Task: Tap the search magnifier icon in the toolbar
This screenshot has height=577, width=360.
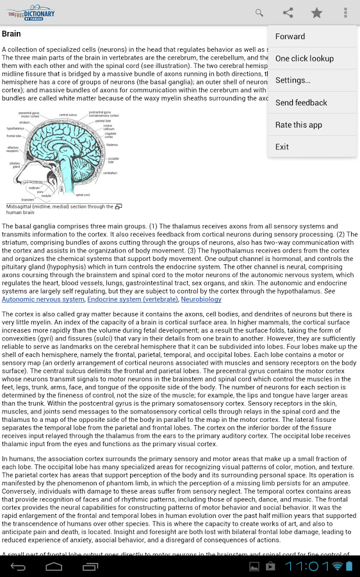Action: [259, 13]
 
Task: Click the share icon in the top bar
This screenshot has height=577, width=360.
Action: [288, 13]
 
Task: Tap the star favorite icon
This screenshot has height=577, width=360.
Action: [316, 13]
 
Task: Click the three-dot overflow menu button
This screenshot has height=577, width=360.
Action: [345, 13]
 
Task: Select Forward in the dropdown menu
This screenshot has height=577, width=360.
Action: [290, 37]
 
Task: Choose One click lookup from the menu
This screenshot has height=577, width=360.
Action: [304, 58]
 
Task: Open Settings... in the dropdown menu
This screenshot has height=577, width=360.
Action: [293, 80]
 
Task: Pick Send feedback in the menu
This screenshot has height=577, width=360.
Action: [301, 103]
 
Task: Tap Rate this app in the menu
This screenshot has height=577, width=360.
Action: [299, 124]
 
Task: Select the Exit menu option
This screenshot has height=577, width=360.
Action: [282, 147]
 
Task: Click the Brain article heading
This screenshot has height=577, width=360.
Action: [12, 34]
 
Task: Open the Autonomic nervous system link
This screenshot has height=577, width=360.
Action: [43, 299]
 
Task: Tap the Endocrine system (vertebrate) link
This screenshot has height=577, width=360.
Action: [133, 299]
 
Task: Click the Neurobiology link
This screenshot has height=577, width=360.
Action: [201, 299]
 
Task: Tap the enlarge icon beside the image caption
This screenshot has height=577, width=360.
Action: [118, 207]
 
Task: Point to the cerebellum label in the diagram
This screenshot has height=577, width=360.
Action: [110, 173]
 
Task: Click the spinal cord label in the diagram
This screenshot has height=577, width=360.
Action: [83, 195]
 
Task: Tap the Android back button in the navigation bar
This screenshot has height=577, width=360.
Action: [19, 567]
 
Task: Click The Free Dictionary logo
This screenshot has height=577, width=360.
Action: [31, 13]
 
